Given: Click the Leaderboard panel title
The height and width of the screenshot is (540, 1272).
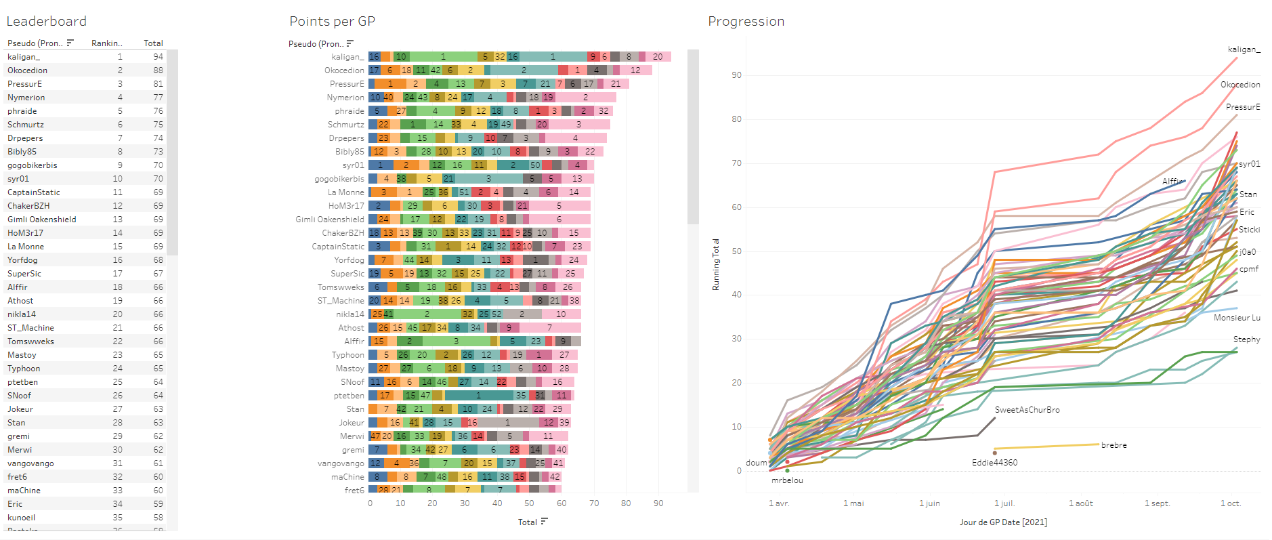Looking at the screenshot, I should [x=46, y=22].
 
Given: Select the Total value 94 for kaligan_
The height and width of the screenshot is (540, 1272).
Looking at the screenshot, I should [x=158, y=57].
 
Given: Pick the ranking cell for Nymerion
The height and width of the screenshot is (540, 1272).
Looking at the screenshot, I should [x=120, y=98].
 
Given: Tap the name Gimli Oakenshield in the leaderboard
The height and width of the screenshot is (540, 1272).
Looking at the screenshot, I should [x=42, y=220].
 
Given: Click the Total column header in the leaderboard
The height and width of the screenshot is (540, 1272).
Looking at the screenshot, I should [x=153, y=43].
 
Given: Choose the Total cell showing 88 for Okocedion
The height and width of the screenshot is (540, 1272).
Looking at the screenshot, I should [x=158, y=70].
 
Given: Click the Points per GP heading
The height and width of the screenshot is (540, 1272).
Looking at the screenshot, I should [x=332, y=22].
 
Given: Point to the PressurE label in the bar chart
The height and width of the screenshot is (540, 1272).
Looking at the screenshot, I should [x=347, y=84].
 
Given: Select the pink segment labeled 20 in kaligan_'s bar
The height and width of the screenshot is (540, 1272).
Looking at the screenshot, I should [x=658, y=57].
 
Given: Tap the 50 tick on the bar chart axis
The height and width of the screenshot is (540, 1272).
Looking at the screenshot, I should [x=529, y=503].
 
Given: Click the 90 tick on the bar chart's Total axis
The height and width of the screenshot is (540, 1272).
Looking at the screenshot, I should [x=658, y=503].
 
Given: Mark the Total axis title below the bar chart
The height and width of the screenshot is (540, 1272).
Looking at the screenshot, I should [x=528, y=522].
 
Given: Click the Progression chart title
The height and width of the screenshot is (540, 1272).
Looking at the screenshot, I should [x=746, y=22].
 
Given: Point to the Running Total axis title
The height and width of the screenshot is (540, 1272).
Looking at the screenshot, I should [x=715, y=265].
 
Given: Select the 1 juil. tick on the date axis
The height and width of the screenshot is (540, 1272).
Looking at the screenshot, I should [x=1004, y=503].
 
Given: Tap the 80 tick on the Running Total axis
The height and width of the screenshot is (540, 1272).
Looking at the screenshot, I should [x=736, y=119].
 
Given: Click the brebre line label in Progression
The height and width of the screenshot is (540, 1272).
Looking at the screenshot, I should [x=1114, y=445].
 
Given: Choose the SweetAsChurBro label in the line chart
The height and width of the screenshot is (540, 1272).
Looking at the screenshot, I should [x=1027, y=410].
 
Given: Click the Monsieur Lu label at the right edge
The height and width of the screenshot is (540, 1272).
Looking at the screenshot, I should [x=1237, y=318].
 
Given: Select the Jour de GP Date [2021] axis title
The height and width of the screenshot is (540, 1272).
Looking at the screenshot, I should [x=1003, y=522].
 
